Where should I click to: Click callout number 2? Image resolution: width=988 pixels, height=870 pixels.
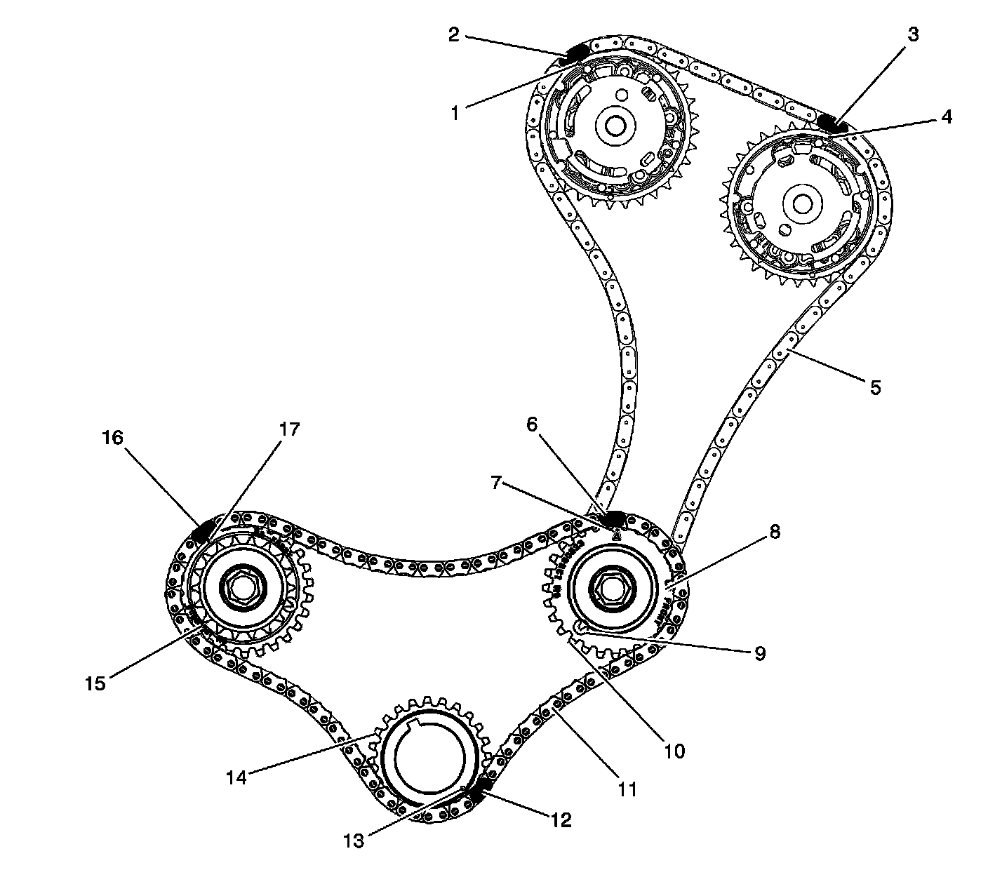point(454,35)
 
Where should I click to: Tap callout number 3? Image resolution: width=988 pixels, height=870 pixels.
point(912,34)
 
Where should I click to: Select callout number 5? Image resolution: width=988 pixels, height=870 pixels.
point(874,387)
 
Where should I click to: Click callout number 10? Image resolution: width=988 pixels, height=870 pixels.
point(674,751)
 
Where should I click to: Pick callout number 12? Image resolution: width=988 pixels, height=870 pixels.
point(561,819)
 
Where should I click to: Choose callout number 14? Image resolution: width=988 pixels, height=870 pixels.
point(236,777)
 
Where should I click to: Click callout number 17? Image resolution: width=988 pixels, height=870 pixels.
point(289,429)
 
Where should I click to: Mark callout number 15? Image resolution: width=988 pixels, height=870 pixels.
point(95,683)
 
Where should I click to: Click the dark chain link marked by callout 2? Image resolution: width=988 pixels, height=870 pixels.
point(577,53)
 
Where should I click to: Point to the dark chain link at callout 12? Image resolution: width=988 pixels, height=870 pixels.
point(479,794)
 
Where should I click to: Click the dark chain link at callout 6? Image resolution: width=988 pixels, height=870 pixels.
point(614,518)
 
